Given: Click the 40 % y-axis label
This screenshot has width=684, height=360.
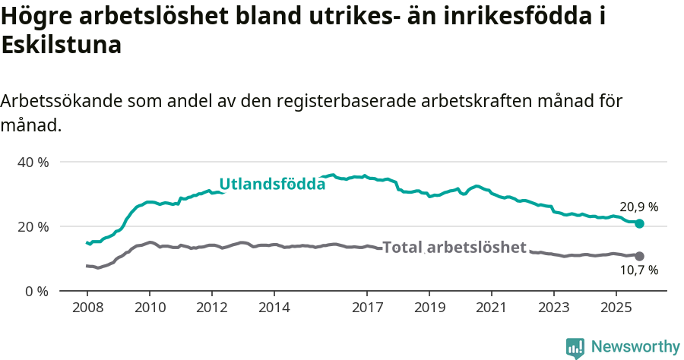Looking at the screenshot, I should click(x=33, y=162).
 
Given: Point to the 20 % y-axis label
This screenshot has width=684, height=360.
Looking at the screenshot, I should click(x=33, y=226).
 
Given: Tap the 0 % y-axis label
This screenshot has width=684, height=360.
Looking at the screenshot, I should click(x=36, y=291).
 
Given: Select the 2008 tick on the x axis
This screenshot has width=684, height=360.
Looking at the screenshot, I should click(x=87, y=308).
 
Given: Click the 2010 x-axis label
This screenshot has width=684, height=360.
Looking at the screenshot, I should click(x=149, y=308).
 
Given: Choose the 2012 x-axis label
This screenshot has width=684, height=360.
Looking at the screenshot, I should click(x=211, y=308).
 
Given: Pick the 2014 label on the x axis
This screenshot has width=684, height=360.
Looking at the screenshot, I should click(x=274, y=308).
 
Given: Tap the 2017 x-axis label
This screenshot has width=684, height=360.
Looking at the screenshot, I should click(x=367, y=308).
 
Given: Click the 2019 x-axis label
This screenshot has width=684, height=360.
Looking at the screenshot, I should click(x=429, y=308).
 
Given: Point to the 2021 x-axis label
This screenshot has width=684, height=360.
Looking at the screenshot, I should click(x=492, y=308).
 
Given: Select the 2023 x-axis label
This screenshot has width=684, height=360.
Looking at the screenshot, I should click(x=553, y=308).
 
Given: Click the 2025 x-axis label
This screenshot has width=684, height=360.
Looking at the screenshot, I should click(x=616, y=308).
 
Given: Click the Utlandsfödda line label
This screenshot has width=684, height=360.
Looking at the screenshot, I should click(x=272, y=184).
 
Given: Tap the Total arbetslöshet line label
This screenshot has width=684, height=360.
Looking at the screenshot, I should click(x=454, y=247).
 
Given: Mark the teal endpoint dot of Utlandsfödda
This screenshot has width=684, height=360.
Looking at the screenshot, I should click(x=640, y=223).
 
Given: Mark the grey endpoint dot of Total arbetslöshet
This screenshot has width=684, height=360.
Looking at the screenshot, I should click(x=640, y=256).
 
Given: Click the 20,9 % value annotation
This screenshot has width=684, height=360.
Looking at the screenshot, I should click(x=638, y=207).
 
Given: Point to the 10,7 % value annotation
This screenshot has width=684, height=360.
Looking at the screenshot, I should click(x=638, y=270).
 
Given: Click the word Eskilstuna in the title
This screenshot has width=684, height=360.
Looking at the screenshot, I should click(x=62, y=46).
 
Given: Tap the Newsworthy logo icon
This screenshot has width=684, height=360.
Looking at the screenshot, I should click(x=575, y=347).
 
